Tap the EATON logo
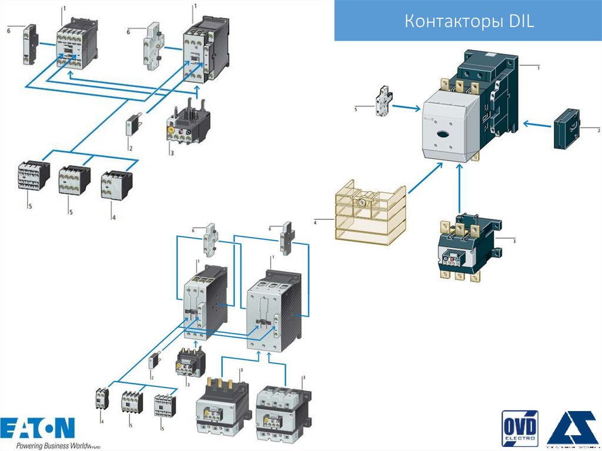click(38, 427)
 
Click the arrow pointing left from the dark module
click(536, 123)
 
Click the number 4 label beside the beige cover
click(315, 222)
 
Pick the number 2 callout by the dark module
click(598, 129)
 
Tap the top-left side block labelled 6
click(30, 44)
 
